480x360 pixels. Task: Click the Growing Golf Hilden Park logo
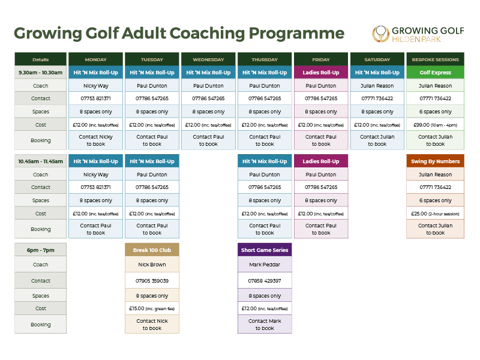(418, 33)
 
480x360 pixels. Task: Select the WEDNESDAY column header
(208, 59)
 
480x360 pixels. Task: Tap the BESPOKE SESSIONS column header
(435, 59)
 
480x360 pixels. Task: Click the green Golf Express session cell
(435, 73)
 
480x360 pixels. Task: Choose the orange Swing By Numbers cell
(435, 161)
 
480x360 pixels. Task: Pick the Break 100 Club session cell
(152, 250)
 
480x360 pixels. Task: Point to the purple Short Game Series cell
(265, 250)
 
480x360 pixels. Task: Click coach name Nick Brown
(152, 265)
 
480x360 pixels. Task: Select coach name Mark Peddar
(265, 265)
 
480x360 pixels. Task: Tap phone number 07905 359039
(152, 281)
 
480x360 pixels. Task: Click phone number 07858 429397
(265, 281)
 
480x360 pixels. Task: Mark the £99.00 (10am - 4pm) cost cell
(435, 125)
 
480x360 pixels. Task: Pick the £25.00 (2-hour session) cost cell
(435, 214)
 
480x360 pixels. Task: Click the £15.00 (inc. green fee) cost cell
(152, 308)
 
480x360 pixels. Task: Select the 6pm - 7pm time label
(41, 250)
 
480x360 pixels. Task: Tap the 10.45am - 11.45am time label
(41, 161)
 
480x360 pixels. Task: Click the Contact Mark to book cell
(265, 325)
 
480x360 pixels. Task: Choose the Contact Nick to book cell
(152, 325)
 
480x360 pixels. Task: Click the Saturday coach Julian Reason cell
(377, 86)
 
